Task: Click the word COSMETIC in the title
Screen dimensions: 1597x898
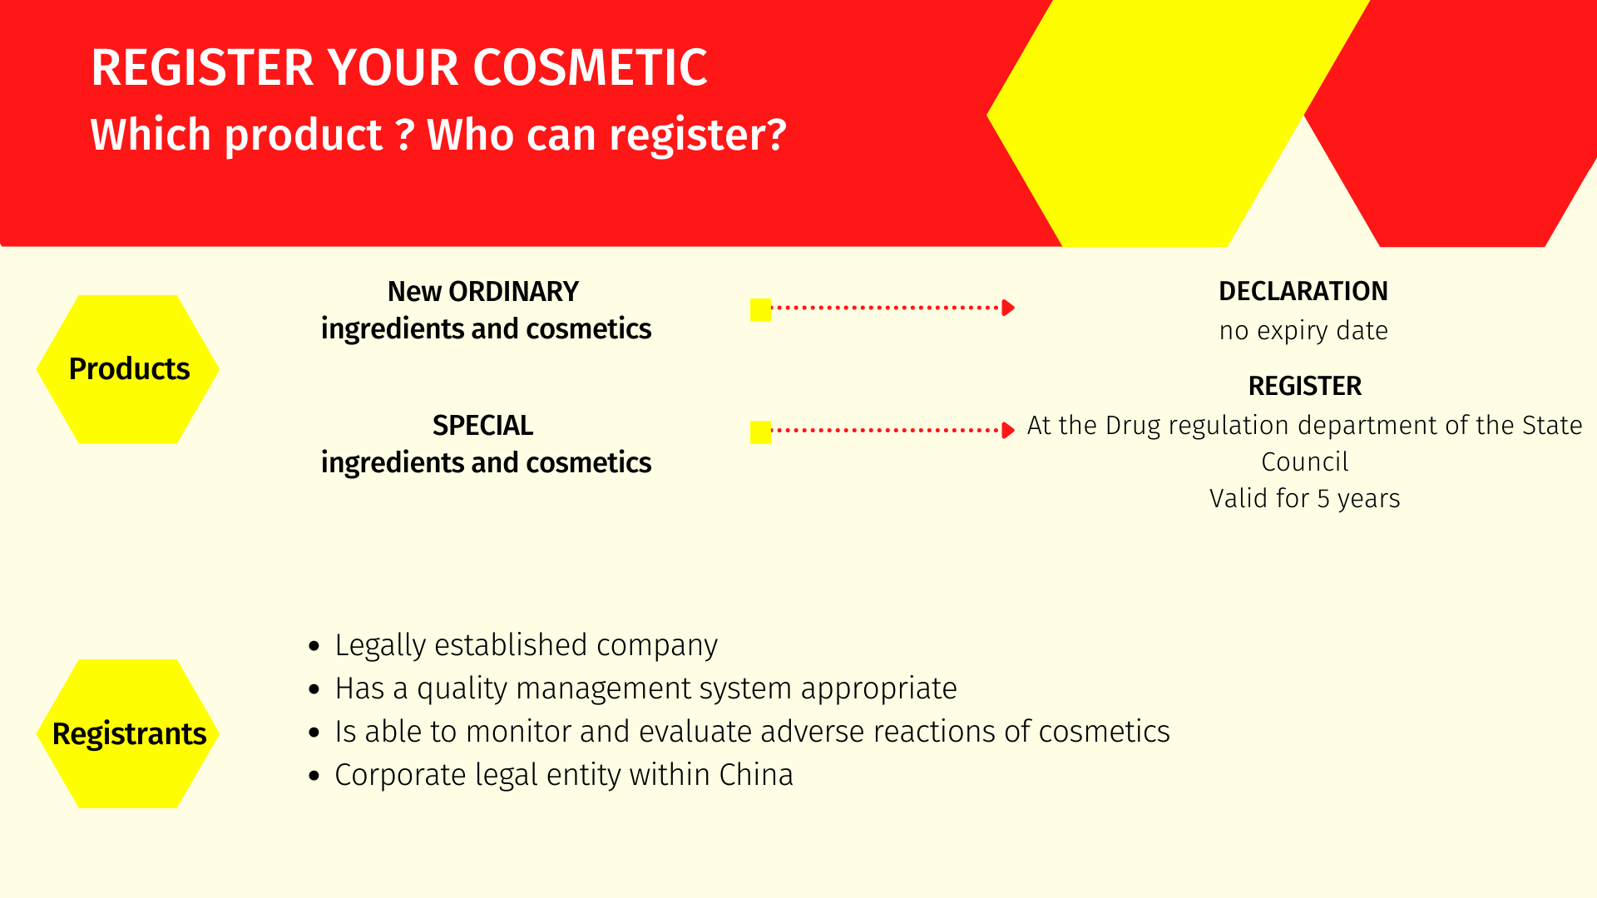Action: [590, 67]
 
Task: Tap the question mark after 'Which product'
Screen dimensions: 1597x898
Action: [405, 135]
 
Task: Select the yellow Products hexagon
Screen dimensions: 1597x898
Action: [128, 369]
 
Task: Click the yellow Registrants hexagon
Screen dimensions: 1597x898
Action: [128, 733]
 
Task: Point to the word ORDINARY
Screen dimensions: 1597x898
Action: [513, 292]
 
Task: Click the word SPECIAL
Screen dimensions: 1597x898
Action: [482, 426]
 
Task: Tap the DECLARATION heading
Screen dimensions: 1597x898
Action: [1303, 291]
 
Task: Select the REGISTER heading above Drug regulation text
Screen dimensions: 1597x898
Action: [1305, 386]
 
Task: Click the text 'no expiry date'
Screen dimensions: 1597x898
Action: [1303, 331]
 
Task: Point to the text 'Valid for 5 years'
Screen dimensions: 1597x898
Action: [1304, 499]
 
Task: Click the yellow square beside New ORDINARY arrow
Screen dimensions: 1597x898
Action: [760, 309]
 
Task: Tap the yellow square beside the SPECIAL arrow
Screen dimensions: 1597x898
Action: [760, 432]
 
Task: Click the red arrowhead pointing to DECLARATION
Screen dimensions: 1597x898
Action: [1008, 308]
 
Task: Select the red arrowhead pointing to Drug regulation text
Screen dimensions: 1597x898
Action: [1008, 431]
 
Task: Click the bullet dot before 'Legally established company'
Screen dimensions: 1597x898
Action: [314, 646]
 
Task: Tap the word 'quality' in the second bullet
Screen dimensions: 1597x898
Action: [462, 689]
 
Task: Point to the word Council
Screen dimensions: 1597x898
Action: [1304, 462]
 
